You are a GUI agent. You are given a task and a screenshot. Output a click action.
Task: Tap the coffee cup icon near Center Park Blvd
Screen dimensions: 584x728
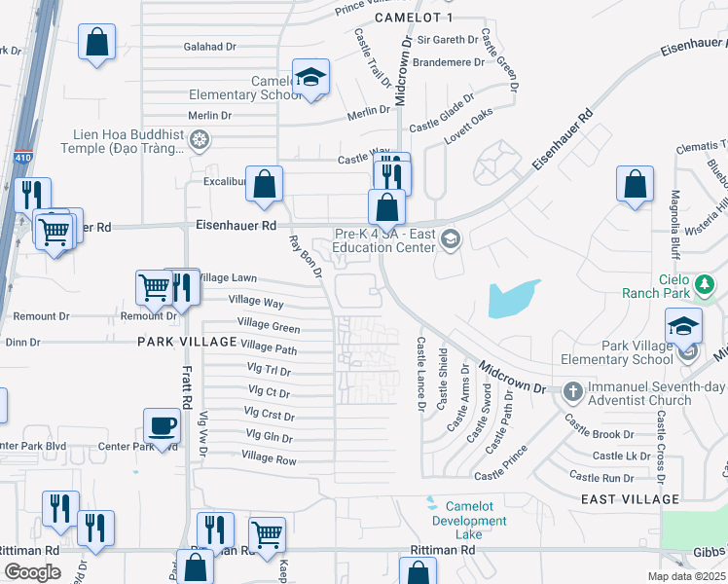[162, 425]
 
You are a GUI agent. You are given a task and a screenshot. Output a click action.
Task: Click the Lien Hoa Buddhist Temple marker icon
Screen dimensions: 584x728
[200, 141]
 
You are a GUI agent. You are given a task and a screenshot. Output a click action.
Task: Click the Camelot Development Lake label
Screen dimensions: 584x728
[476, 513]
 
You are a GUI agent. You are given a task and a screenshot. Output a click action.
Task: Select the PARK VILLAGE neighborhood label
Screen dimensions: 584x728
[187, 342]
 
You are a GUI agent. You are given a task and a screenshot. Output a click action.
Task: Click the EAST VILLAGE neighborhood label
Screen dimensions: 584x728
[629, 499]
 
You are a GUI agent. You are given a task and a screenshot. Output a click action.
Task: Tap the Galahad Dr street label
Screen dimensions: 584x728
[210, 46]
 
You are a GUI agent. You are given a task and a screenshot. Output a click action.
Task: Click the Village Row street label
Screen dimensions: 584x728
[269, 459]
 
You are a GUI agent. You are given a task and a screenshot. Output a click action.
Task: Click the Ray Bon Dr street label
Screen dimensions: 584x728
[305, 257]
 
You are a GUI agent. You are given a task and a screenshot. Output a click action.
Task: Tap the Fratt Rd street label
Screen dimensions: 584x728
[185, 381]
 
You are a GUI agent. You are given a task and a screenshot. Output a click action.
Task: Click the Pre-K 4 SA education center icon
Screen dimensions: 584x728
[450, 238]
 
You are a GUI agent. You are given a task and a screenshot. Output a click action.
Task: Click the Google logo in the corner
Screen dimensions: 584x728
[33, 572]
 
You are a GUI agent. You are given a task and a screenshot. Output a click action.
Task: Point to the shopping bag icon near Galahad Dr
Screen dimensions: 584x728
[97, 42]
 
